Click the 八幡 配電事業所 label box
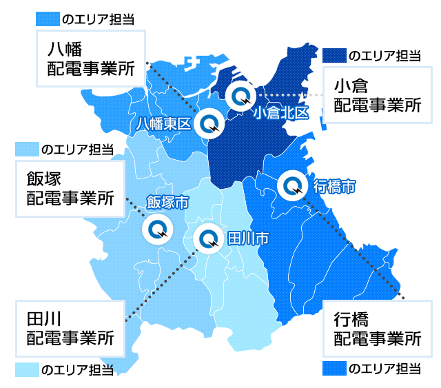pyautogui.click(x=90, y=58)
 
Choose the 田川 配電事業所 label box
pyautogui.click(x=70, y=328)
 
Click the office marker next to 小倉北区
pyautogui.click(x=241, y=96)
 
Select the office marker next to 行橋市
pyautogui.click(x=292, y=185)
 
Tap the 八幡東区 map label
pyautogui.click(x=163, y=124)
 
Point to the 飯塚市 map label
pyautogui.click(x=168, y=203)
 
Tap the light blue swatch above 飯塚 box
pyautogui.click(x=27, y=149)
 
